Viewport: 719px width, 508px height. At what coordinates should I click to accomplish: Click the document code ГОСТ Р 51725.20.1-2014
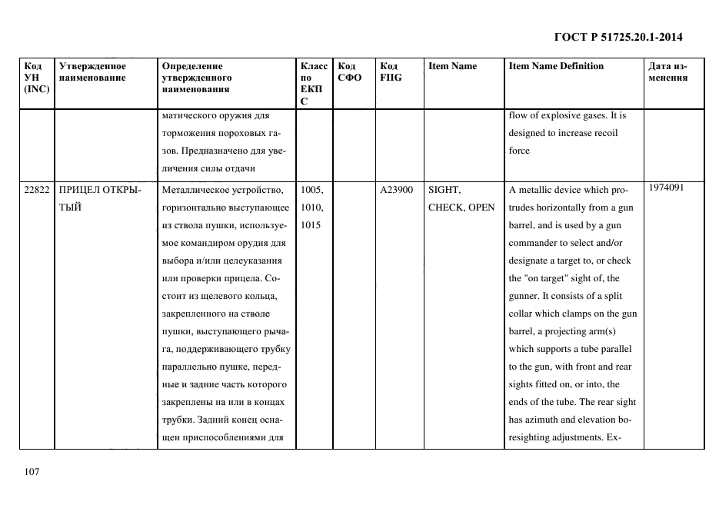click(x=617, y=36)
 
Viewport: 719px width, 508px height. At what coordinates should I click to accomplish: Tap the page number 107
click(x=32, y=472)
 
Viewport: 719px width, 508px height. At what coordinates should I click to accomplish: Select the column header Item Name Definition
click(x=556, y=66)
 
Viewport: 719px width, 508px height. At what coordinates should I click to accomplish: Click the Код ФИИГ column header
click(x=391, y=71)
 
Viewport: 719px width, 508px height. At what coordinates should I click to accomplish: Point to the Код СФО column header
click(x=349, y=71)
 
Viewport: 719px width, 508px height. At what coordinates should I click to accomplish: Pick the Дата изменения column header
click(x=667, y=71)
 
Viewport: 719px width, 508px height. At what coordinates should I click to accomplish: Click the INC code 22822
click(x=37, y=190)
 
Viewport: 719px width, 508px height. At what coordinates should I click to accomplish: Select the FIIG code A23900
click(x=397, y=190)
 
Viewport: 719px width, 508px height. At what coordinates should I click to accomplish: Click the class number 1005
click(x=311, y=190)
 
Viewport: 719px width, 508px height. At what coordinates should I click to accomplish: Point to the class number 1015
click(x=311, y=225)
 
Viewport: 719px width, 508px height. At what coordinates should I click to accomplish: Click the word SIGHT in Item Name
click(x=444, y=190)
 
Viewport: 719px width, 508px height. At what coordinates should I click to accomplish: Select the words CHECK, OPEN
click(x=461, y=208)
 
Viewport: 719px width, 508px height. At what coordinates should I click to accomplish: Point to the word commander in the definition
click(x=537, y=243)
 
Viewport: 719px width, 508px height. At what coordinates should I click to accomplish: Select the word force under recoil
click(x=519, y=151)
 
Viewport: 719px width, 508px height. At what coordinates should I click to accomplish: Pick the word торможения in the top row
click(x=188, y=133)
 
